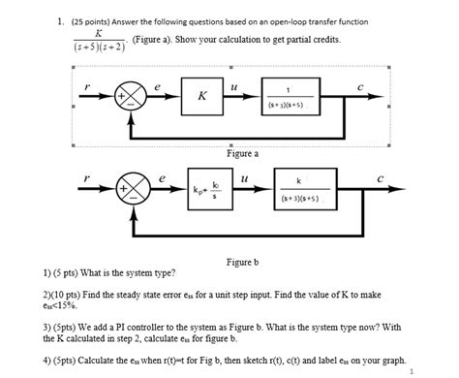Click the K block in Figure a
201,97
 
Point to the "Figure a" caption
242,153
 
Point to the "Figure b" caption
242,262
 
